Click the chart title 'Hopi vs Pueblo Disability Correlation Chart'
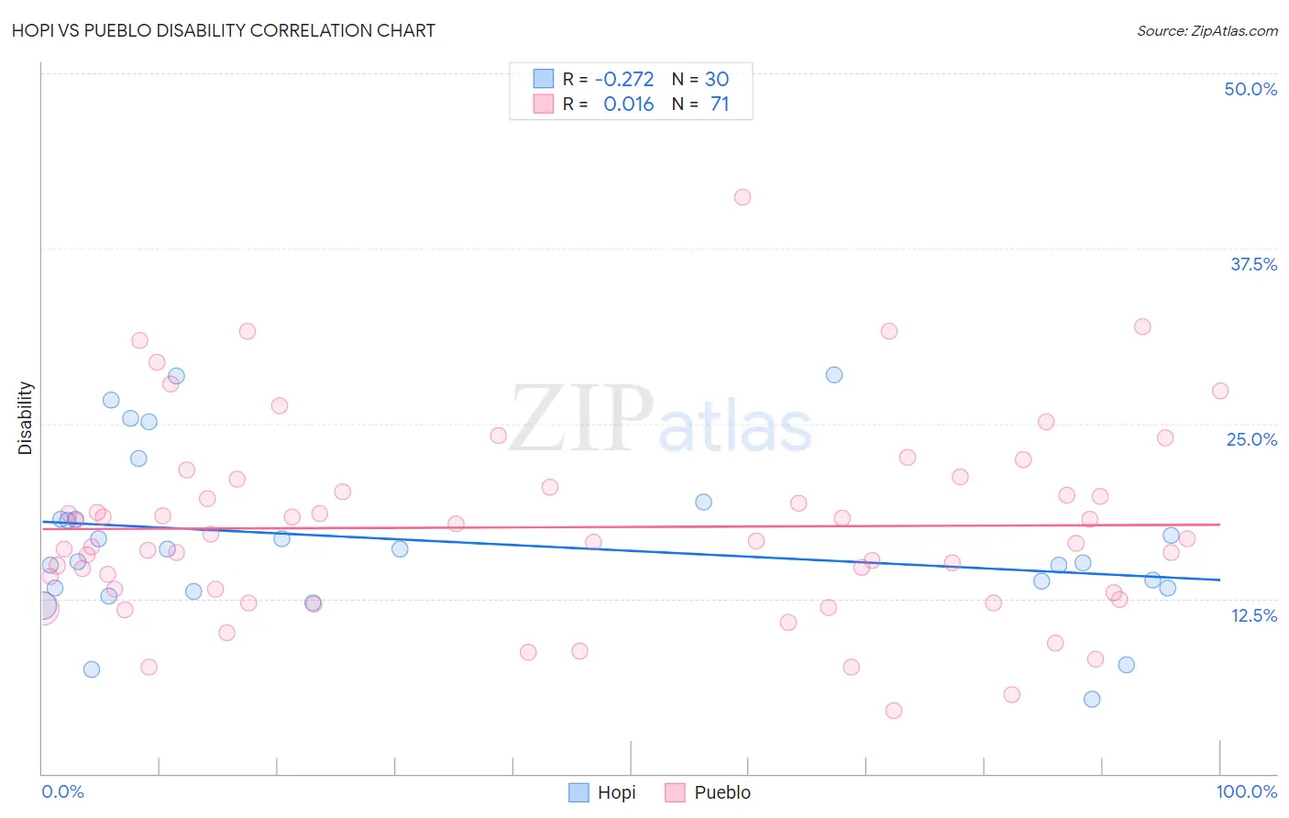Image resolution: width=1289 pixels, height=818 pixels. pos(224,30)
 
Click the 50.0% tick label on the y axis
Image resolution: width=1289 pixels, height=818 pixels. pos(1250,89)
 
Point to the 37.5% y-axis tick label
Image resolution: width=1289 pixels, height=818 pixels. pos(1253,264)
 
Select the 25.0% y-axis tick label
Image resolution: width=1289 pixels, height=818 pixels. pos(1251,439)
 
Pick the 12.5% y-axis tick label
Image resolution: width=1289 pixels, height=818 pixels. pos(1253,615)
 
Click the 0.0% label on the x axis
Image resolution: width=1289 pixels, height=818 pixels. pos(62,791)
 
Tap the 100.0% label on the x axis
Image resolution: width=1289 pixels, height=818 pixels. pos(1246,791)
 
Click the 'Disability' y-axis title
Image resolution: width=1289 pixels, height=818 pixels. pos(26,418)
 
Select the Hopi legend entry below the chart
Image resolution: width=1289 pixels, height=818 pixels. pos(602,792)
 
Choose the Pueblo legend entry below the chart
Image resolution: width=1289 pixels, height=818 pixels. pos(708,792)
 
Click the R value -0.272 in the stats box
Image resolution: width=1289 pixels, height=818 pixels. pos(624,80)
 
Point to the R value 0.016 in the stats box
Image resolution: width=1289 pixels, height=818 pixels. pos(629,105)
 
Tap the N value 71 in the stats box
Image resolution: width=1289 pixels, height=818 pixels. pos(720,105)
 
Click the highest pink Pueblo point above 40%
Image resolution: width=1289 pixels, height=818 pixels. pos(743,197)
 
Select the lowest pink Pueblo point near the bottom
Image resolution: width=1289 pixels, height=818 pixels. pos(894,711)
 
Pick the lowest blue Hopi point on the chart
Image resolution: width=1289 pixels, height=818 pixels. pos(1092,699)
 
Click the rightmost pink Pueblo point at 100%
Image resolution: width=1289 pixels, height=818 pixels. pos(1220,391)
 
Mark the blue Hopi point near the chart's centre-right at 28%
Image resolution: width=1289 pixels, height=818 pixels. pos(834,374)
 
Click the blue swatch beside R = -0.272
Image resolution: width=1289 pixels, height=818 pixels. pos(544,79)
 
